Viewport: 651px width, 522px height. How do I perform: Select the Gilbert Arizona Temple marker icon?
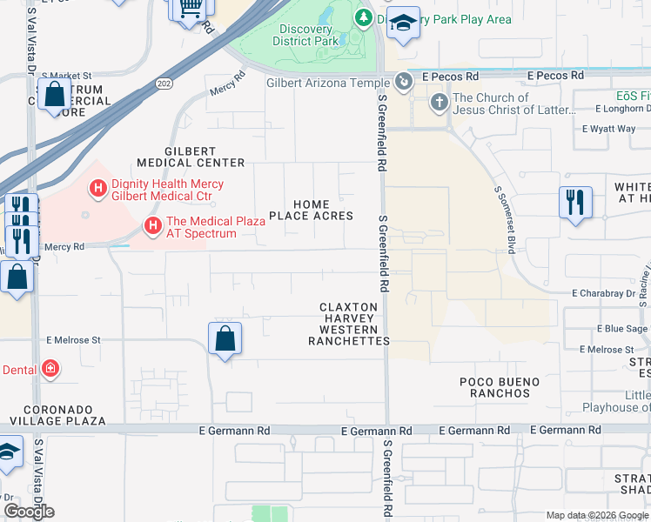pos(404,82)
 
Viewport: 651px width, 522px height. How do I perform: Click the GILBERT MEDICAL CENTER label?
pos(191,163)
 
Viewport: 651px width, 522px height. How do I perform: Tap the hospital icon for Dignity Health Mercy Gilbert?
pos(97,186)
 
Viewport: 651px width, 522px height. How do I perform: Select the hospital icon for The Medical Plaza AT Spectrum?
pos(153,227)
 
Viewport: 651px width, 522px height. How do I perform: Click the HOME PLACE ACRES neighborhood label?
pos(311,210)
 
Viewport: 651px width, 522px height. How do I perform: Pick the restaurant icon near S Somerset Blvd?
pos(575,203)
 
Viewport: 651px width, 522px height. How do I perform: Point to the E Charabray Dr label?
pos(603,294)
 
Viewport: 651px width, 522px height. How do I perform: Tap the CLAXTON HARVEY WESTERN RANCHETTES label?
pos(349,324)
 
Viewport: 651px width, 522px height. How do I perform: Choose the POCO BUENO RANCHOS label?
pos(500,387)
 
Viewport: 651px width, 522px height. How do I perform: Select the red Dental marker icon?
pos(50,370)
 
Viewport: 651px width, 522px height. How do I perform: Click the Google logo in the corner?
pos(29,511)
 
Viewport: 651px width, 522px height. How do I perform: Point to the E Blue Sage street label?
pos(621,329)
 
